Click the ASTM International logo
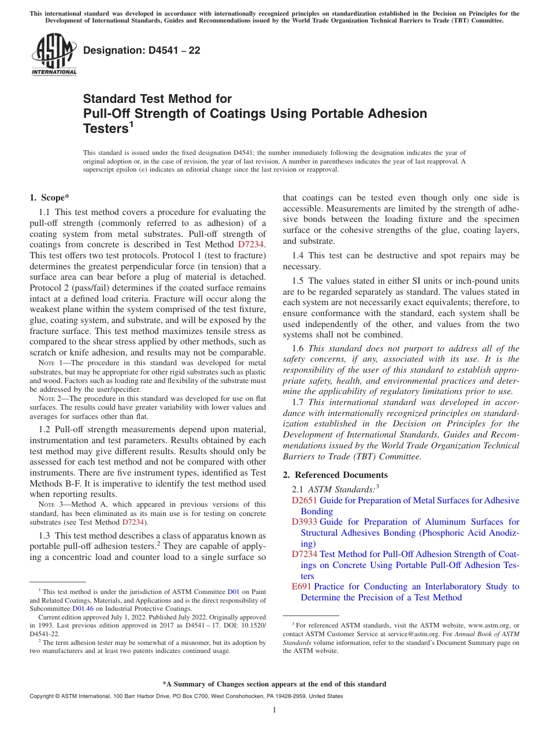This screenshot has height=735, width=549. [54, 55]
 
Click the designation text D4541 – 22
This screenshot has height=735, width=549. [142, 50]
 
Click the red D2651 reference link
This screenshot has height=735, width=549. [304, 500]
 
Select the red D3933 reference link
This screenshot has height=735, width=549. [304, 522]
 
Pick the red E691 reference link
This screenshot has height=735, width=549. [302, 586]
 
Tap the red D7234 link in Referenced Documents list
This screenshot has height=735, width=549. [304, 554]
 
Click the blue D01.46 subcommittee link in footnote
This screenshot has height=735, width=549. [81, 608]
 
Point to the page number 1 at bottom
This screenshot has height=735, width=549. [274, 710]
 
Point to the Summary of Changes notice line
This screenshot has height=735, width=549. [274, 684]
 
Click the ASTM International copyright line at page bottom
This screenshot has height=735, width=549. [186, 696]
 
